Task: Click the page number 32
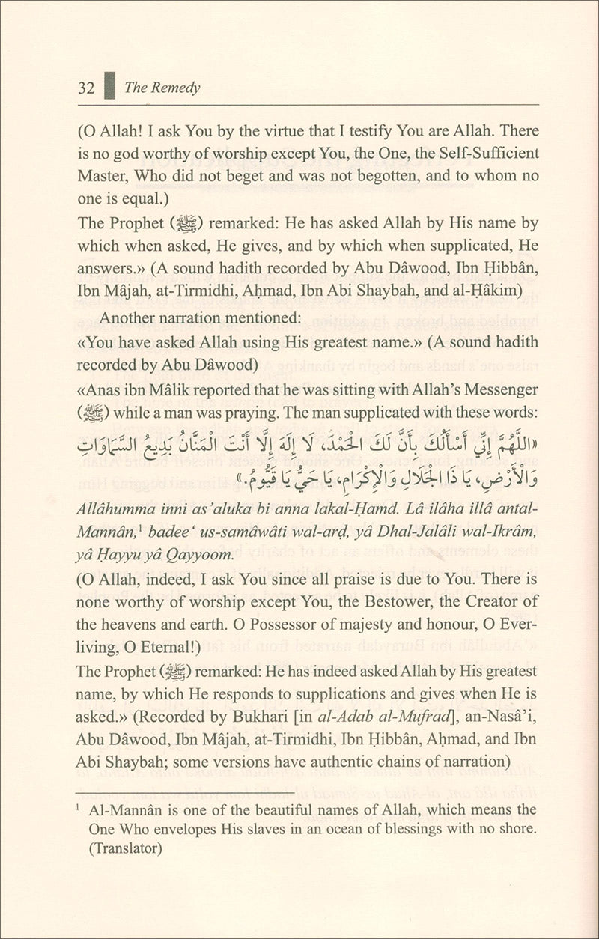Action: (x=85, y=88)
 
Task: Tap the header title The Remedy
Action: (x=162, y=88)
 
